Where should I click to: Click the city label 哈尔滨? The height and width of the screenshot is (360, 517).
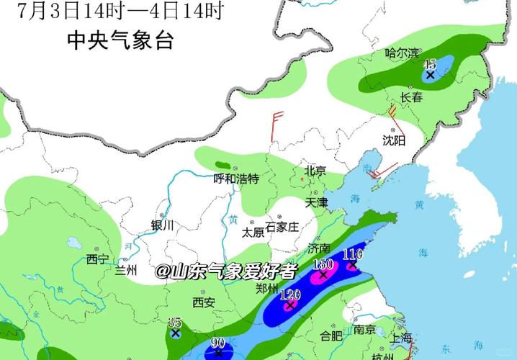pyautogui.click(x=401, y=53)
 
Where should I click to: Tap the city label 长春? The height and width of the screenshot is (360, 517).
pyautogui.click(x=413, y=97)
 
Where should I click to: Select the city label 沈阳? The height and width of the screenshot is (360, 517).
pyautogui.click(x=394, y=139)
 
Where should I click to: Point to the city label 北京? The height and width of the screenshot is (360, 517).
pyautogui.click(x=315, y=171)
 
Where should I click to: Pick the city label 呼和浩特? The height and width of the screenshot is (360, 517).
pyautogui.click(x=236, y=179)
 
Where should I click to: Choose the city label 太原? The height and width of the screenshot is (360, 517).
pyautogui.click(x=252, y=232)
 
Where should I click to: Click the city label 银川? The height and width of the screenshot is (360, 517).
pyautogui.click(x=163, y=225)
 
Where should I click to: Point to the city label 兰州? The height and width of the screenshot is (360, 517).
pyautogui.click(x=125, y=271)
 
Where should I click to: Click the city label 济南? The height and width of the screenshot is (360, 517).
pyautogui.click(x=319, y=248)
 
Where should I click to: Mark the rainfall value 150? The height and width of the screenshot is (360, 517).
pyautogui.click(x=323, y=264)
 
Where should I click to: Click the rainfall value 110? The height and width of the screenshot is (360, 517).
pyautogui.click(x=352, y=253)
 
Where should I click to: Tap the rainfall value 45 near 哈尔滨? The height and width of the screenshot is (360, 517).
pyautogui.click(x=431, y=64)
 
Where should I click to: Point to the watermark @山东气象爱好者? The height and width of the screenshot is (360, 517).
pyautogui.click(x=225, y=271)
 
